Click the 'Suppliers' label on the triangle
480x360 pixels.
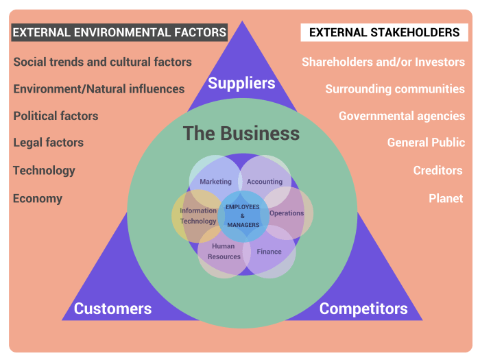point(241,84)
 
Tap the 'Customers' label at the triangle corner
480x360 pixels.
point(112,309)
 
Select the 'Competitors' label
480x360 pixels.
point(363,309)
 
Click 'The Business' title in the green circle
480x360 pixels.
point(241,133)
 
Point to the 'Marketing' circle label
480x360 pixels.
point(216,182)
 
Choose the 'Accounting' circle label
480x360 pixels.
point(265,182)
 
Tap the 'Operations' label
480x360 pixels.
point(287,213)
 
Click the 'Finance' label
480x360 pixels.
point(269,252)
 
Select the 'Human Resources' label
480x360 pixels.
point(224,251)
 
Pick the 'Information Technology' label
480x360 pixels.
point(198,216)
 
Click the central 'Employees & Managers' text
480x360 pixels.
point(243,215)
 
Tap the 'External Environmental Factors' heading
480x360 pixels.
point(119,32)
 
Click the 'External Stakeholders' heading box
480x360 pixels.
point(384,32)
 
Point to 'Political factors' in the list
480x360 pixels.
point(56,116)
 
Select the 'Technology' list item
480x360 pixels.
point(44,171)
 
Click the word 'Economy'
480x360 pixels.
point(38,199)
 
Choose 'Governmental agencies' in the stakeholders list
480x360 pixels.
point(402,116)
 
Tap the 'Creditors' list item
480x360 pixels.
point(437,171)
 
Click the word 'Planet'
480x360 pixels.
point(446,199)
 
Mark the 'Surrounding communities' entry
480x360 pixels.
point(395,89)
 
